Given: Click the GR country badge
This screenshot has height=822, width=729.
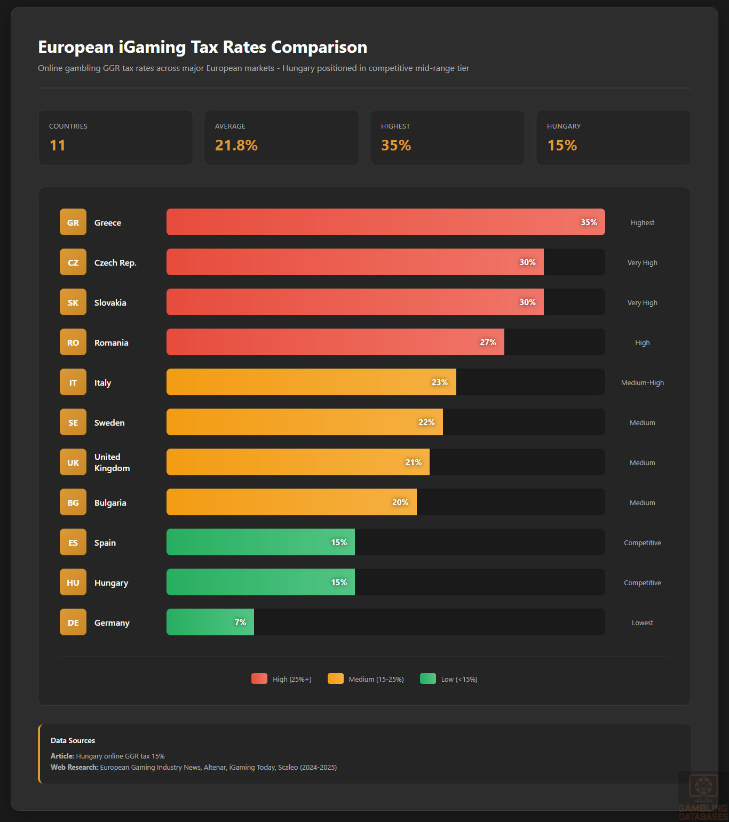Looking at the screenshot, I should click(x=73, y=222).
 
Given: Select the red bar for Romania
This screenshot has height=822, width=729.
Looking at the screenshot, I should click(x=335, y=342).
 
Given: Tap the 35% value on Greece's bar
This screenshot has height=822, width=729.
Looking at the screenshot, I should click(x=589, y=222).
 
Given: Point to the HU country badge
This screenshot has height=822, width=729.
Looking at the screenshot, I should click(x=73, y=582).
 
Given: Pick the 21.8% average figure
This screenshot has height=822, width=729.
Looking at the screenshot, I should click(x=236, y=145).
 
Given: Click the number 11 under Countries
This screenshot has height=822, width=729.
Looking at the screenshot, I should click(x=58, y=145).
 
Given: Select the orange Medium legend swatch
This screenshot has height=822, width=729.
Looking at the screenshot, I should click(x=336, y=679).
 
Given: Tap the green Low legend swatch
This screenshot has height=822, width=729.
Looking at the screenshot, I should click(x=428, y=679).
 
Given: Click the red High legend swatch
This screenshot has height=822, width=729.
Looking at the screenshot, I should click(x=259, y=679).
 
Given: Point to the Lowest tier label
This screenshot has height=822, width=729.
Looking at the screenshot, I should click(x=642, y=623).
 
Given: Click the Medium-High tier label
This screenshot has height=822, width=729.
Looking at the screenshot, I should click(x=642, y=382).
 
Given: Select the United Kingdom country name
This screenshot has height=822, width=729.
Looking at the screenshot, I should click(x=112, y=462).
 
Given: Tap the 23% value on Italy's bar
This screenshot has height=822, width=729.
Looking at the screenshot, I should click(x=440, y=382).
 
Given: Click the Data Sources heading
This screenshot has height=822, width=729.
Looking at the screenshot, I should click(x=73, y=740).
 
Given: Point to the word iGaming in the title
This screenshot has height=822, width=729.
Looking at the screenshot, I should click(x=152, y=47).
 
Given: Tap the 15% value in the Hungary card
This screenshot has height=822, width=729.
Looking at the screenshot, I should click(x=562, y=145).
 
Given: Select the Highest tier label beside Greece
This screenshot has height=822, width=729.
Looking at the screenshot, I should click(x=642, y=222).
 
